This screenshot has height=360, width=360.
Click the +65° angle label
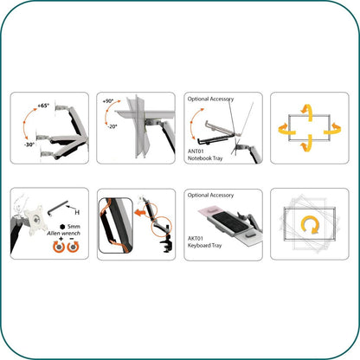43,105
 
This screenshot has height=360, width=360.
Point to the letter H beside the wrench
77,213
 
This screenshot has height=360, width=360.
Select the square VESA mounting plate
30,215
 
